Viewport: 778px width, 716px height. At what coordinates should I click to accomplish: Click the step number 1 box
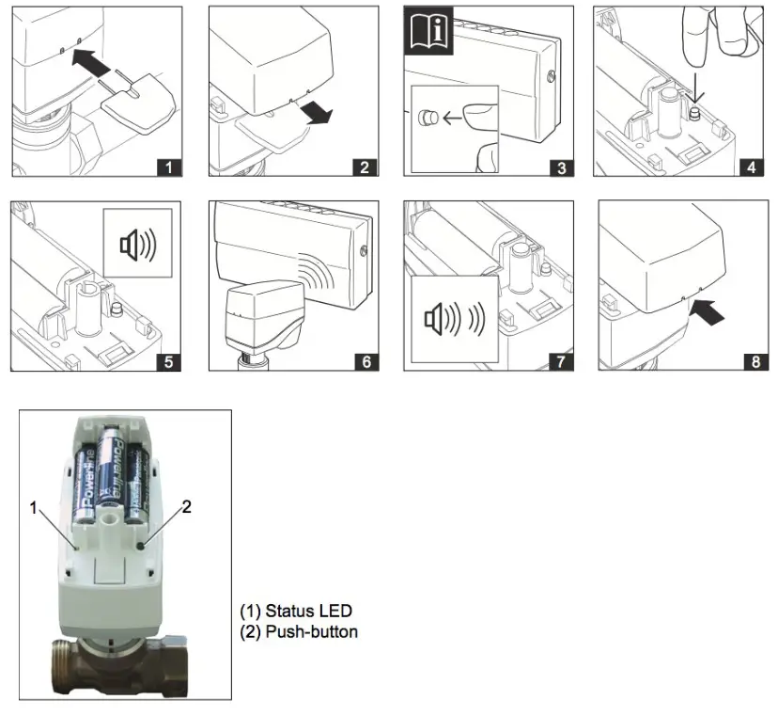click(168, 168)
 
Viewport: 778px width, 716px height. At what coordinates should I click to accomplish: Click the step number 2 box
click(365, 168)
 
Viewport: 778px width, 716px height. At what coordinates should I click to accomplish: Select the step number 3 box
click(561, 168)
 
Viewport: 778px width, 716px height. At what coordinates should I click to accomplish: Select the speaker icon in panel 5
click(139, 246)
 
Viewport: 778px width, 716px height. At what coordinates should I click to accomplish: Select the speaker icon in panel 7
click(454, 319)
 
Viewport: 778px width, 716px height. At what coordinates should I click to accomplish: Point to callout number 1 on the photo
click(34, 507)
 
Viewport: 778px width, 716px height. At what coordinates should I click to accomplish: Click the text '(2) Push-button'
click(299, 631)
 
